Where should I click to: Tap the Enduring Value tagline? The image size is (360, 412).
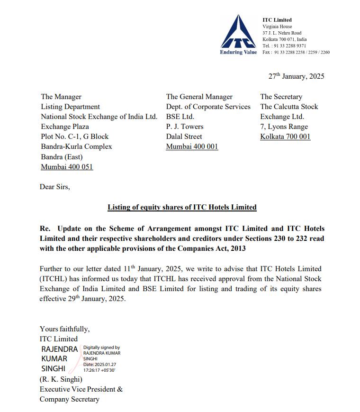click(x=238, y=52)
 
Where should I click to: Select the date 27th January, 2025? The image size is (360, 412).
click(x=297, y=76)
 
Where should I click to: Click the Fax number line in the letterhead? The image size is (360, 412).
click(x=296, y=52)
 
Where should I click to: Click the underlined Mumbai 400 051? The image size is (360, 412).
click(x=67, y=167)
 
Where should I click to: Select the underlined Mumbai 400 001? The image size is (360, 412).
click(x=192, y=146)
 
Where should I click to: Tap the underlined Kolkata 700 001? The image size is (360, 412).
click(x=285, y=137)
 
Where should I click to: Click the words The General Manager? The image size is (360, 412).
click(x=199, y=97)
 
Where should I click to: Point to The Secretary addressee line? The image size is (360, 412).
click(x=281, y=97)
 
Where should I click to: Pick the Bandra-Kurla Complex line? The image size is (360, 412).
click(x=76, y=146)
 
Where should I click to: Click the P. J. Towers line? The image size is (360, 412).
click(x=185, y=127)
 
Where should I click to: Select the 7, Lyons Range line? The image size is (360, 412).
click(x=284, y=127)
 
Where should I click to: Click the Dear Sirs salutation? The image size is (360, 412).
click(x=55, y=187)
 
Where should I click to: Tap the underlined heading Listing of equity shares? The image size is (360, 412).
click(x=182, y=207)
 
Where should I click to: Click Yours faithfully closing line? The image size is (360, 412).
click(x=64, y=329)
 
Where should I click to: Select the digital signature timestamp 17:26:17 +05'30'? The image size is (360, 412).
click(x=99, y=369)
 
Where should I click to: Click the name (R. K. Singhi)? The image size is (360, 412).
click(x=61, y=379)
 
